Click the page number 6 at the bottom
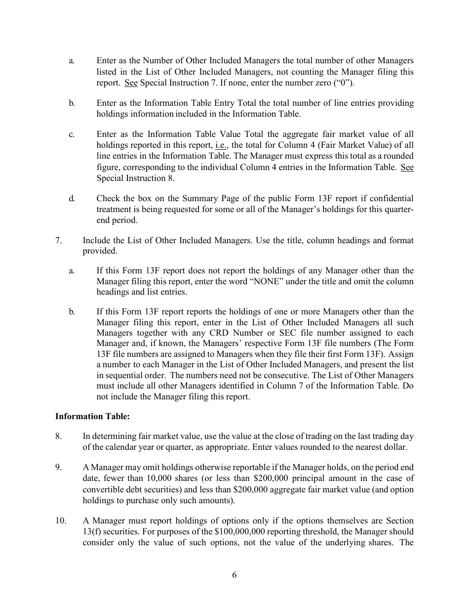(x=234, y=574)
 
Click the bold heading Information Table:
(x=92, y=416)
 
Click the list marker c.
(x=72, y=134)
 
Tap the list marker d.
(x=72, y=199)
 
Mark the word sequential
(x=122, y=375)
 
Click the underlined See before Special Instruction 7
(x=131, y=83)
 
